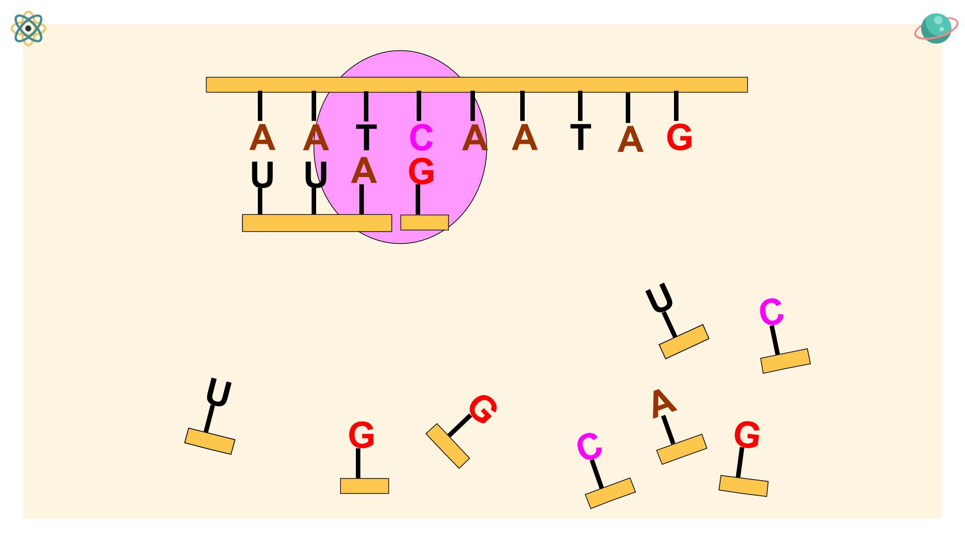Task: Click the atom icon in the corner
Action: point(28,29)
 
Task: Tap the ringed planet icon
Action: point(935,29)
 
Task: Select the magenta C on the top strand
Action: point(421,138)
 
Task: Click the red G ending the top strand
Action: point(679,137)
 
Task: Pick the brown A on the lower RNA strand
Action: point(364,171)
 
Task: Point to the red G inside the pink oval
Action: point(421,171)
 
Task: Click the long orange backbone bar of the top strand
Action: point(476,84)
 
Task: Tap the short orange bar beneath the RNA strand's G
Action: point(424,222)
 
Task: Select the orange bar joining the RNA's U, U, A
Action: point(317,223)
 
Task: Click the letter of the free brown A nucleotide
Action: point(663,403)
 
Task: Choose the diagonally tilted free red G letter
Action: point(483,409)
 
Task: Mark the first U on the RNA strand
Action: point(262,175)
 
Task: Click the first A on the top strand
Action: point(262,137)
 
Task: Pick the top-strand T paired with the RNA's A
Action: point(366,137)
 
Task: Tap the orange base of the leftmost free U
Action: point(210,441)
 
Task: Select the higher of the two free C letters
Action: point(771,312)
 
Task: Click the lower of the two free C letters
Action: point(589,446)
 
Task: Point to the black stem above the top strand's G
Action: point(676,106)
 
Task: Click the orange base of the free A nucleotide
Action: point(682,449)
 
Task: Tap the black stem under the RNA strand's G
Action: point(418,200)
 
